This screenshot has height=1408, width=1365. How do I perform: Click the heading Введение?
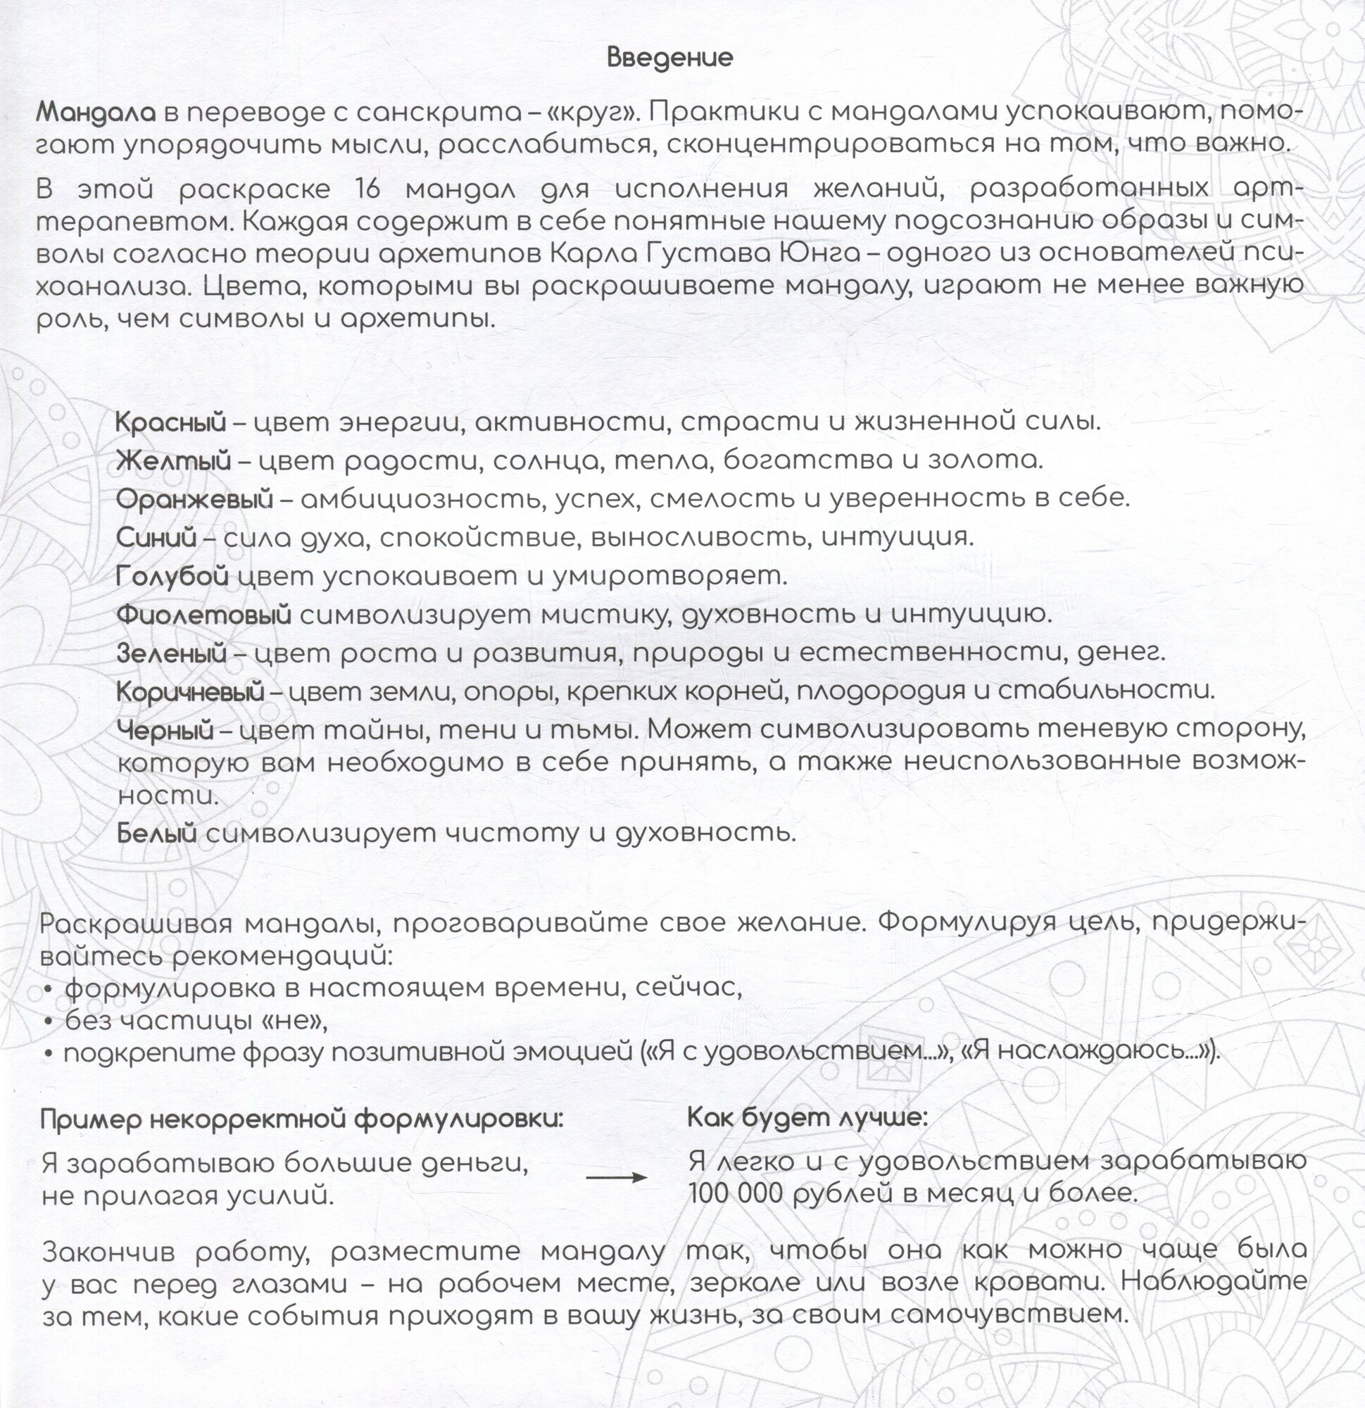coord(669,58)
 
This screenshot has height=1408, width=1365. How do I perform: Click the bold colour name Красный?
coord(171,422)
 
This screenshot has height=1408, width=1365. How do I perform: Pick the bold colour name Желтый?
coord(173,460)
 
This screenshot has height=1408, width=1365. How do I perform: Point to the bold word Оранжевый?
coord(195,498)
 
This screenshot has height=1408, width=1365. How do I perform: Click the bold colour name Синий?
coord(156,537)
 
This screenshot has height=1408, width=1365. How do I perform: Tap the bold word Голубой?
coord(172,576)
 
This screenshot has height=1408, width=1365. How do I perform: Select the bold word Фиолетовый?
coord(203,614)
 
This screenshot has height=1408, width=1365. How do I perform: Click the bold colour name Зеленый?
coord(171,653)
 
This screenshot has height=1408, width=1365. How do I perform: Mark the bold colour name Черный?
coord(165,731)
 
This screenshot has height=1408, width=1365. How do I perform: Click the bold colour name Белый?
coord(156,834)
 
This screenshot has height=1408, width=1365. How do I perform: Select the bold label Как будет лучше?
coord(807,1118)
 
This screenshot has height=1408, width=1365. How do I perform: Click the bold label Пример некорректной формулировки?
coord(303,1119)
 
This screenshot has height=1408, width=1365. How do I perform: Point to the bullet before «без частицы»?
coord(49,1022)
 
